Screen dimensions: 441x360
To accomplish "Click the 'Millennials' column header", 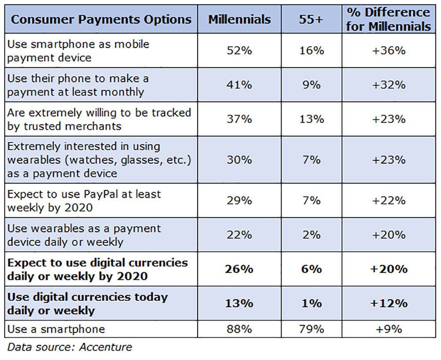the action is tap(239, 19).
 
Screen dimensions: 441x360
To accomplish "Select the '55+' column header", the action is tap(311, 19).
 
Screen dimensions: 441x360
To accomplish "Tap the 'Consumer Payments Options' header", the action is tap(101, 19).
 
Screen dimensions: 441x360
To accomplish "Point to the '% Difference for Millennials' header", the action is tap(389, 19).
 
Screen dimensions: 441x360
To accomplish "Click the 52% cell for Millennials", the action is tap(239, 51).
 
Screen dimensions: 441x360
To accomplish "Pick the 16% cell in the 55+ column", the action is tap(312, 51).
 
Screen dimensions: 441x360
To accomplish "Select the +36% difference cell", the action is tap(389, 51).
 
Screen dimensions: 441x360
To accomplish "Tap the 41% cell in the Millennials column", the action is tap(239, 85).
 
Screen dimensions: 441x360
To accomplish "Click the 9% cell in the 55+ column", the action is tap(312, 85).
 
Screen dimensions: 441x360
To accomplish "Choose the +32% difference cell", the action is tap(389, 85).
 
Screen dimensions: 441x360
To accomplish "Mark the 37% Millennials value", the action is tap(239, 119).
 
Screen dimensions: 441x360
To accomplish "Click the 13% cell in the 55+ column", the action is tap(312, 119).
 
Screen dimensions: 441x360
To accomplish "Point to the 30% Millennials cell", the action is tap(239, 160).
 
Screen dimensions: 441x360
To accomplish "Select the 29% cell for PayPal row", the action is tap(239, 200).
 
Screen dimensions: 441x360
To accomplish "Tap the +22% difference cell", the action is tap(389, 200).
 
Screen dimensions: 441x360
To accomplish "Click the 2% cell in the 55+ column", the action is tap(312, 235).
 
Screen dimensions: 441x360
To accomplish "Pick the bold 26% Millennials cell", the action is tap(239, 269).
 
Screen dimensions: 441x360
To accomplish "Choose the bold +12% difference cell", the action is tap(389, 304).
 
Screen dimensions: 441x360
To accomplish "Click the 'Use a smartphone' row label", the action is tap(56, 329).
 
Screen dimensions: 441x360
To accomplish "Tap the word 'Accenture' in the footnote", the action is tap(105, 347).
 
